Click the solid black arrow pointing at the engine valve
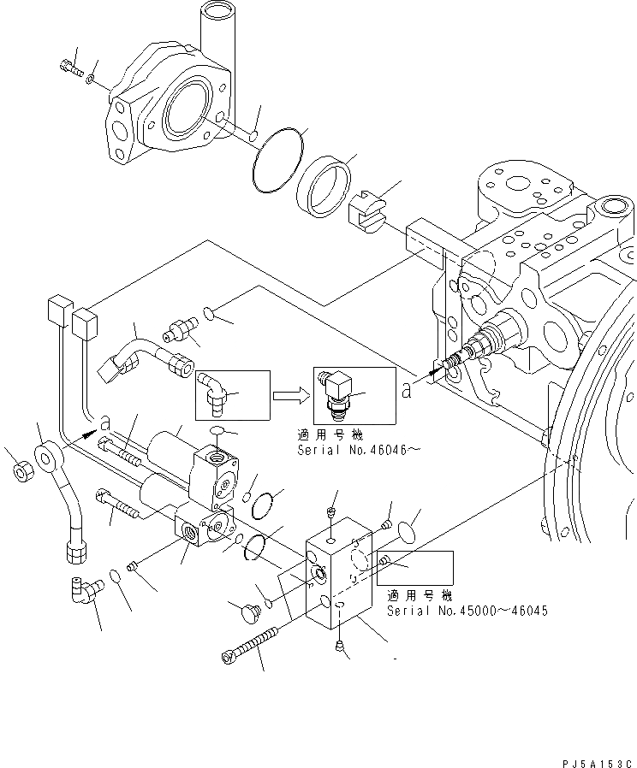435,370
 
